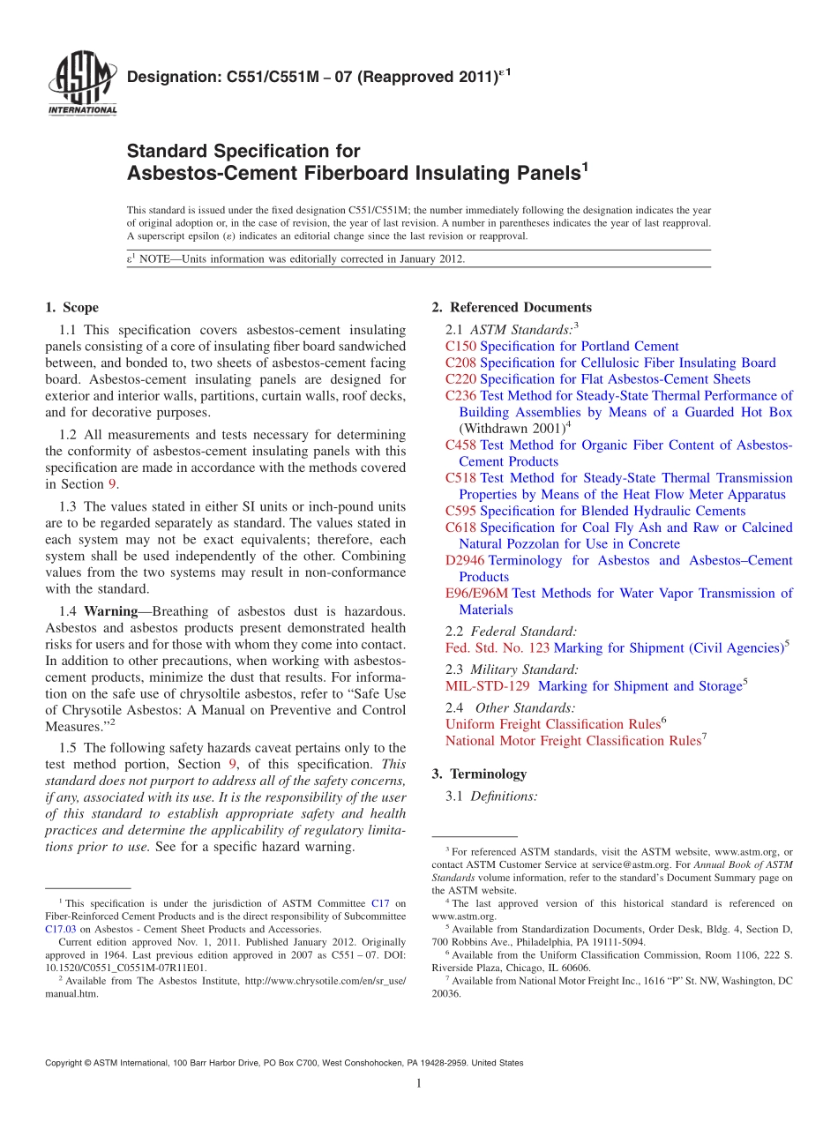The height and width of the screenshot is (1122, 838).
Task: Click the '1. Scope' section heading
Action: point(71,308)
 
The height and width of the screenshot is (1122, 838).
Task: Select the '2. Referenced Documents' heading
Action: point(512,308)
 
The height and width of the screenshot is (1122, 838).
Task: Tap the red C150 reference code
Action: point(460,347)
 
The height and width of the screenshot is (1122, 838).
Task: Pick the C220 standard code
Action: point(460,379)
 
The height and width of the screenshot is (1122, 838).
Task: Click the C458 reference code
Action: point(460,445)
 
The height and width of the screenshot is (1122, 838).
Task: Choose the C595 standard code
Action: point(460,512)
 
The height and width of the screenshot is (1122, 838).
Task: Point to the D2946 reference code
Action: point(465,561)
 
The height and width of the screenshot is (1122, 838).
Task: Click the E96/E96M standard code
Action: point(477,594)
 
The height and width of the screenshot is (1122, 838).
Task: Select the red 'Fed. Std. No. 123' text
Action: point(497,648)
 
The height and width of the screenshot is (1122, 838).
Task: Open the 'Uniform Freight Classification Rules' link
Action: point(552,724)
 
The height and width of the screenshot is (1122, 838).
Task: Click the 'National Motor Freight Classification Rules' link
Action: point(572,741)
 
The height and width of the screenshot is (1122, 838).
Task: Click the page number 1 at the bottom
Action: point(418,1084)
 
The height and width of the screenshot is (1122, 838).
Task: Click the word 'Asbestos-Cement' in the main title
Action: point(196,173)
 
